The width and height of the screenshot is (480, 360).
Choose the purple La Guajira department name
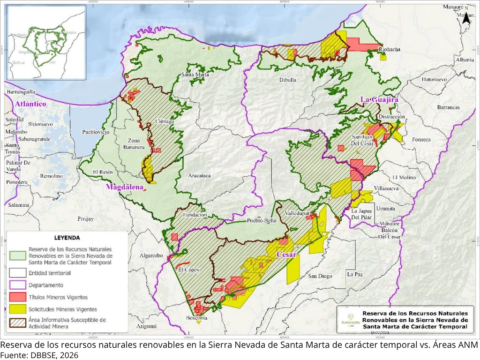click(379, 100)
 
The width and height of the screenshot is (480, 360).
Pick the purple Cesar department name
click(286, 255)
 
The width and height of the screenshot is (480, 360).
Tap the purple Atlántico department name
click(30, 104)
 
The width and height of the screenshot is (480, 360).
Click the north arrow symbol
click(466, 17)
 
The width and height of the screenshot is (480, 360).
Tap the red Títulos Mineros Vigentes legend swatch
click(17, 297)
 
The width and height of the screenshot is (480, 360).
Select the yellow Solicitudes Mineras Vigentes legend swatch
click(17, 309)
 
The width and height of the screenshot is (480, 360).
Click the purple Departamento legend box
click(17, 285)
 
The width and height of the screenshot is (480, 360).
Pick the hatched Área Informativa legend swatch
click(17, 323)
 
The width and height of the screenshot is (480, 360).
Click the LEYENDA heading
click(67, 238)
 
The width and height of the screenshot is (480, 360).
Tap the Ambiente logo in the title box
click(348, 319)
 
